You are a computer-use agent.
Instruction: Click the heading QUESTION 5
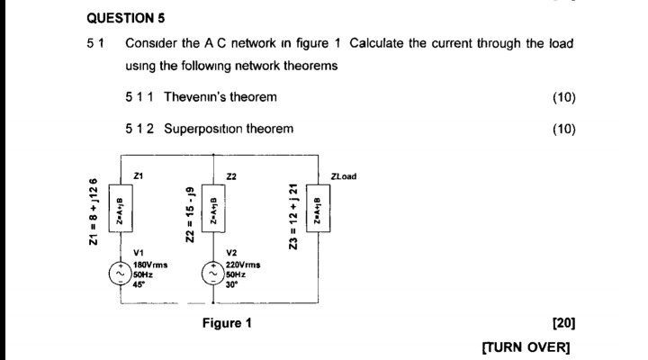pos(126,18)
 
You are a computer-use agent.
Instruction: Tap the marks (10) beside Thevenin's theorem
pos(563,97)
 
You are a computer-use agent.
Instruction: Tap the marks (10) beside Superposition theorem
pos(563,129)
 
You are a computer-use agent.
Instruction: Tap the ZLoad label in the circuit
pos(344,176)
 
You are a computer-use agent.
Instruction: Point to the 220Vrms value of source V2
pos(243,265)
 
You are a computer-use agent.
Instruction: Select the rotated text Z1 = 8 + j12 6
pos(93,212)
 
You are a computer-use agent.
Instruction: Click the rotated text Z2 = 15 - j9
pos(190,214)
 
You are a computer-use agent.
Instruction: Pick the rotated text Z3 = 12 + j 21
pos(292,212)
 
